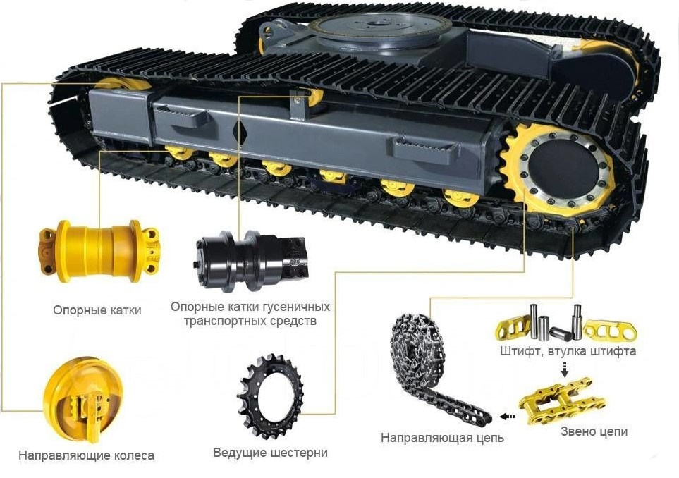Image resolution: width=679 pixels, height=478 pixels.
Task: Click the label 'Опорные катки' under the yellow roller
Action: point(97,310)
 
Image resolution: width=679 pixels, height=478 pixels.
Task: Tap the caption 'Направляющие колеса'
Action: point(86,455)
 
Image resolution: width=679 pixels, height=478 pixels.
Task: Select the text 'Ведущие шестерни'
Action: point(270,453)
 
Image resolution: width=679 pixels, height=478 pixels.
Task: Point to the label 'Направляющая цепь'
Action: point(442,438)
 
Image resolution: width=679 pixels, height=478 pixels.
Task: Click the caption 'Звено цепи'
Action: point(594,431)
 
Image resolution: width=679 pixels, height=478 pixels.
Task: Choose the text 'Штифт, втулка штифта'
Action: point(568,350)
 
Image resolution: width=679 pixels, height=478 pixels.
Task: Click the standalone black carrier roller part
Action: point(251,259)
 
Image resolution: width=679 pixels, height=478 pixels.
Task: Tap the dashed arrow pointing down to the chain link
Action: point(564,369)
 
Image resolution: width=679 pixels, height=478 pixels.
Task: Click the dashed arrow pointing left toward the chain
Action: point(508,417)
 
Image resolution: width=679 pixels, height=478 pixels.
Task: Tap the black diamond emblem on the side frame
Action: point(240,133)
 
